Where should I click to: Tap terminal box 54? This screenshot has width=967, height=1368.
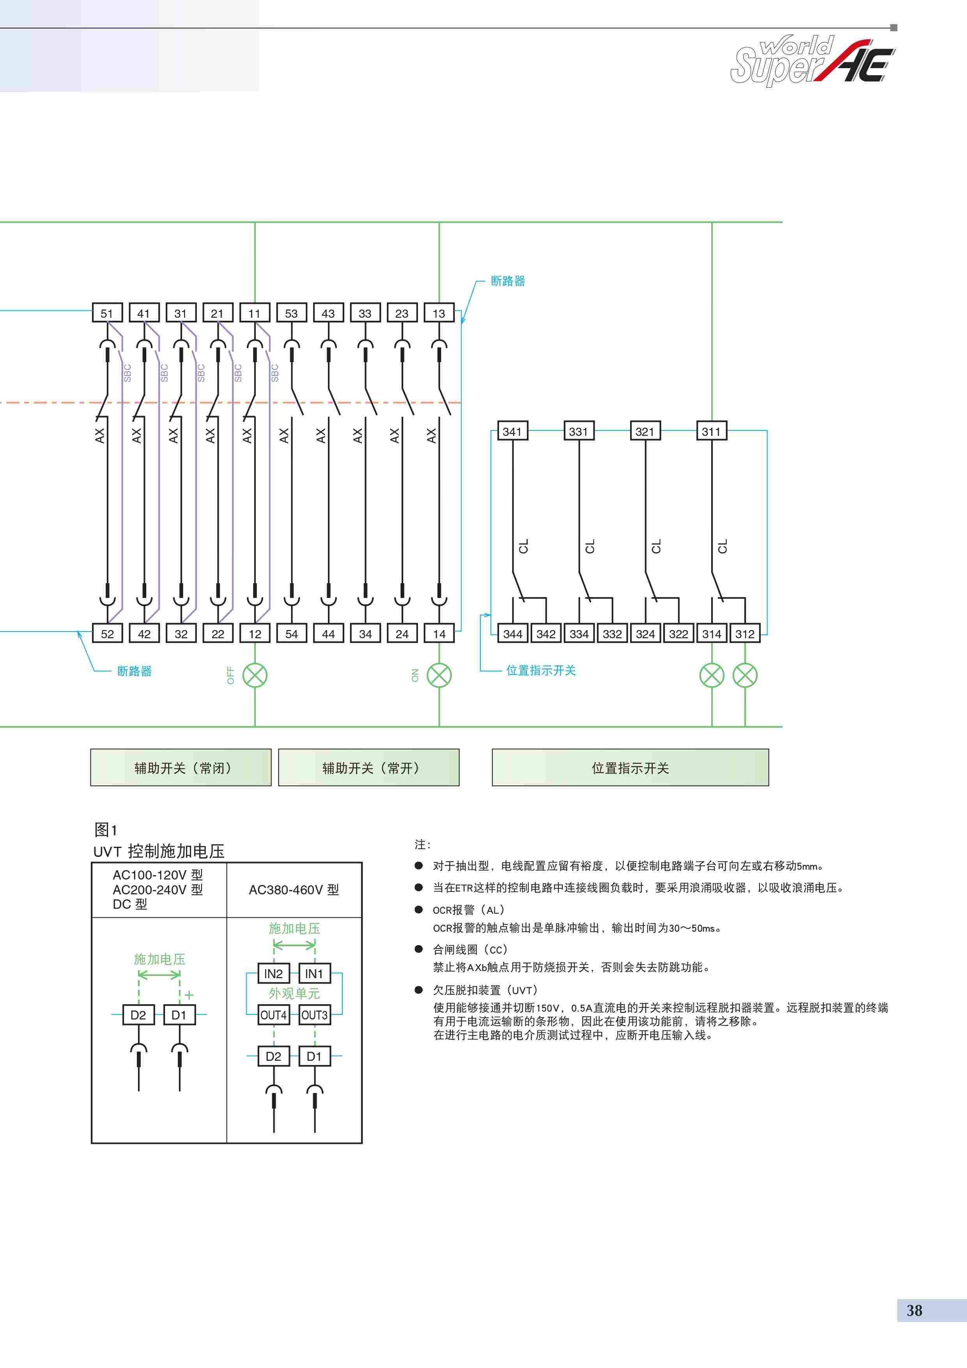tap(291, 634)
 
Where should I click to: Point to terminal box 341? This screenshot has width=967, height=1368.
tap(512, 431)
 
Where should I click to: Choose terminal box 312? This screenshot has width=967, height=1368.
tap(745, 634)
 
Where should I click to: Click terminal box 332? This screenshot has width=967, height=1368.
tap(612, 634)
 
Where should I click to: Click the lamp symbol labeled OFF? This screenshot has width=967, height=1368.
tap(255, 675)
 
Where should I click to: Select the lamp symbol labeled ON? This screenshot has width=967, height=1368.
tap(439, 675)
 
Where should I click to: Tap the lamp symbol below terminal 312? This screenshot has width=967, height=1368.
tap(745, 675)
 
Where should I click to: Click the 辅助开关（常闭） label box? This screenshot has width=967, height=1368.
tap(181, 767)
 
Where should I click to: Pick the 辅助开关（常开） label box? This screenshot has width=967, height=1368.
tap(369, 767)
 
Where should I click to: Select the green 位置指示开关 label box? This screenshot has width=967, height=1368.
tap(630, 767)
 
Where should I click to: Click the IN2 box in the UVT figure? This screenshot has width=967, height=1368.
tap(273, 973)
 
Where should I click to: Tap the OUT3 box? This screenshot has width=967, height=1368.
tap(314, 1015)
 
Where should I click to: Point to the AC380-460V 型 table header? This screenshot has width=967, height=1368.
tap(294, 890)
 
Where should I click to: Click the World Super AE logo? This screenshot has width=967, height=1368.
tap(813, 60)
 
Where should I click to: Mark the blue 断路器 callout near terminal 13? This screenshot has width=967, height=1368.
tap(508, 281)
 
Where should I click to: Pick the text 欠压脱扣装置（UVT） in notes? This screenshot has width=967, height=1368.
tap(485, 990)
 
